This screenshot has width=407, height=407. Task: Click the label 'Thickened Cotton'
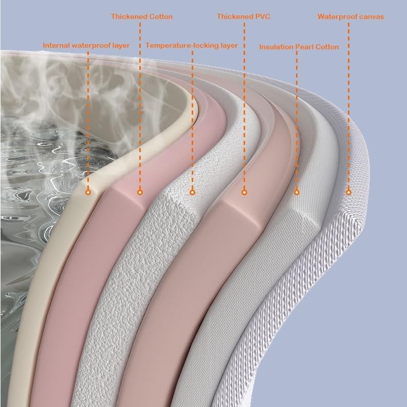coord(142,16)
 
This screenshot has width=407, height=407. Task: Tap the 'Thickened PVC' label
coord(243,16)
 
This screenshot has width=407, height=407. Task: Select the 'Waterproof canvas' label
coord(350,16)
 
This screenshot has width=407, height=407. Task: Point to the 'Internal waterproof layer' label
coord(86,45)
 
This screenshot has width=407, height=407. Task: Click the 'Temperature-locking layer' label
coord(191,45)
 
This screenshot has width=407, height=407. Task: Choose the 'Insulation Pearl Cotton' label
coord(299,47)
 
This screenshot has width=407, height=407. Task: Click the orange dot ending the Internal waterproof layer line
coord(88,192)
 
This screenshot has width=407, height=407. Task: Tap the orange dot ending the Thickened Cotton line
coord(140,192)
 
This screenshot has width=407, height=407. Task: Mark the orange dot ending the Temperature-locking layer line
coord(192,192)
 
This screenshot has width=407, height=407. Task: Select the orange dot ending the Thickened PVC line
coord(244,192)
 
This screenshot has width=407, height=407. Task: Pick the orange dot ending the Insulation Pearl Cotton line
coord(297,192)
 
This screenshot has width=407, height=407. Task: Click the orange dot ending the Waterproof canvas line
coord(348,192)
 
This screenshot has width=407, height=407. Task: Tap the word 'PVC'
coord(262,16)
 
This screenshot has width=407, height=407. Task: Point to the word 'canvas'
coord(372,16)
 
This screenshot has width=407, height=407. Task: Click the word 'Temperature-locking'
coord(175,45)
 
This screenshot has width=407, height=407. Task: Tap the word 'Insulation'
coord(276,47)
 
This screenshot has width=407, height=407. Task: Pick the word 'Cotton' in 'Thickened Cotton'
coord(160,16)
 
